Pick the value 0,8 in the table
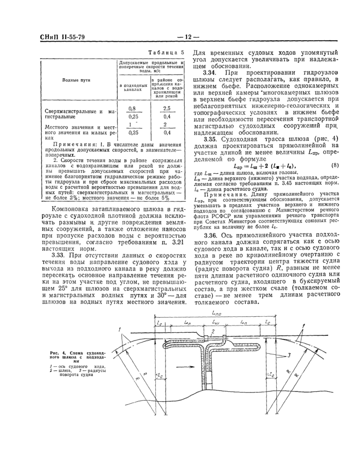(132, 109)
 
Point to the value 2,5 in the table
(166, 109)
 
